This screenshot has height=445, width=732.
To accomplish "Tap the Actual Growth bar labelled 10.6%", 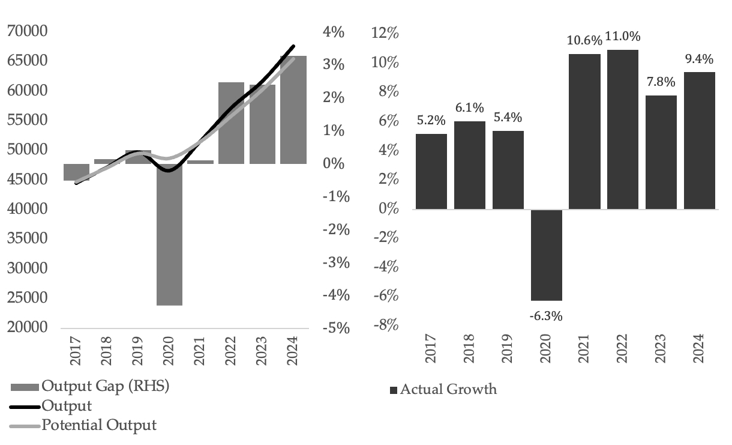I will [583, 132].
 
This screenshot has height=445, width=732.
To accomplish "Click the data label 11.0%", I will [623, 36].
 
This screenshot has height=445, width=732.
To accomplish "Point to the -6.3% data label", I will [545, 315].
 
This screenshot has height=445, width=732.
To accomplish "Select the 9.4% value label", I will [698, 59].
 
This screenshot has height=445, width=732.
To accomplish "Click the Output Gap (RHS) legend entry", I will [106, 386].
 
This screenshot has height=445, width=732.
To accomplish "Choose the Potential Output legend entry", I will [99, 425].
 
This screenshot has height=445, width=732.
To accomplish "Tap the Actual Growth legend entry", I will [448, 389].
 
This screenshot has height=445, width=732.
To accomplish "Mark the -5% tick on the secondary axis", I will [331, 328].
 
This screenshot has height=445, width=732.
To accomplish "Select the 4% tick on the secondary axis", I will [333, 32].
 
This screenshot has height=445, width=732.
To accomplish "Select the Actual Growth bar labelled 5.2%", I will [431, 171].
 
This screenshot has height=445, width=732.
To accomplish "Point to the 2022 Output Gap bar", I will [231, 123].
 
